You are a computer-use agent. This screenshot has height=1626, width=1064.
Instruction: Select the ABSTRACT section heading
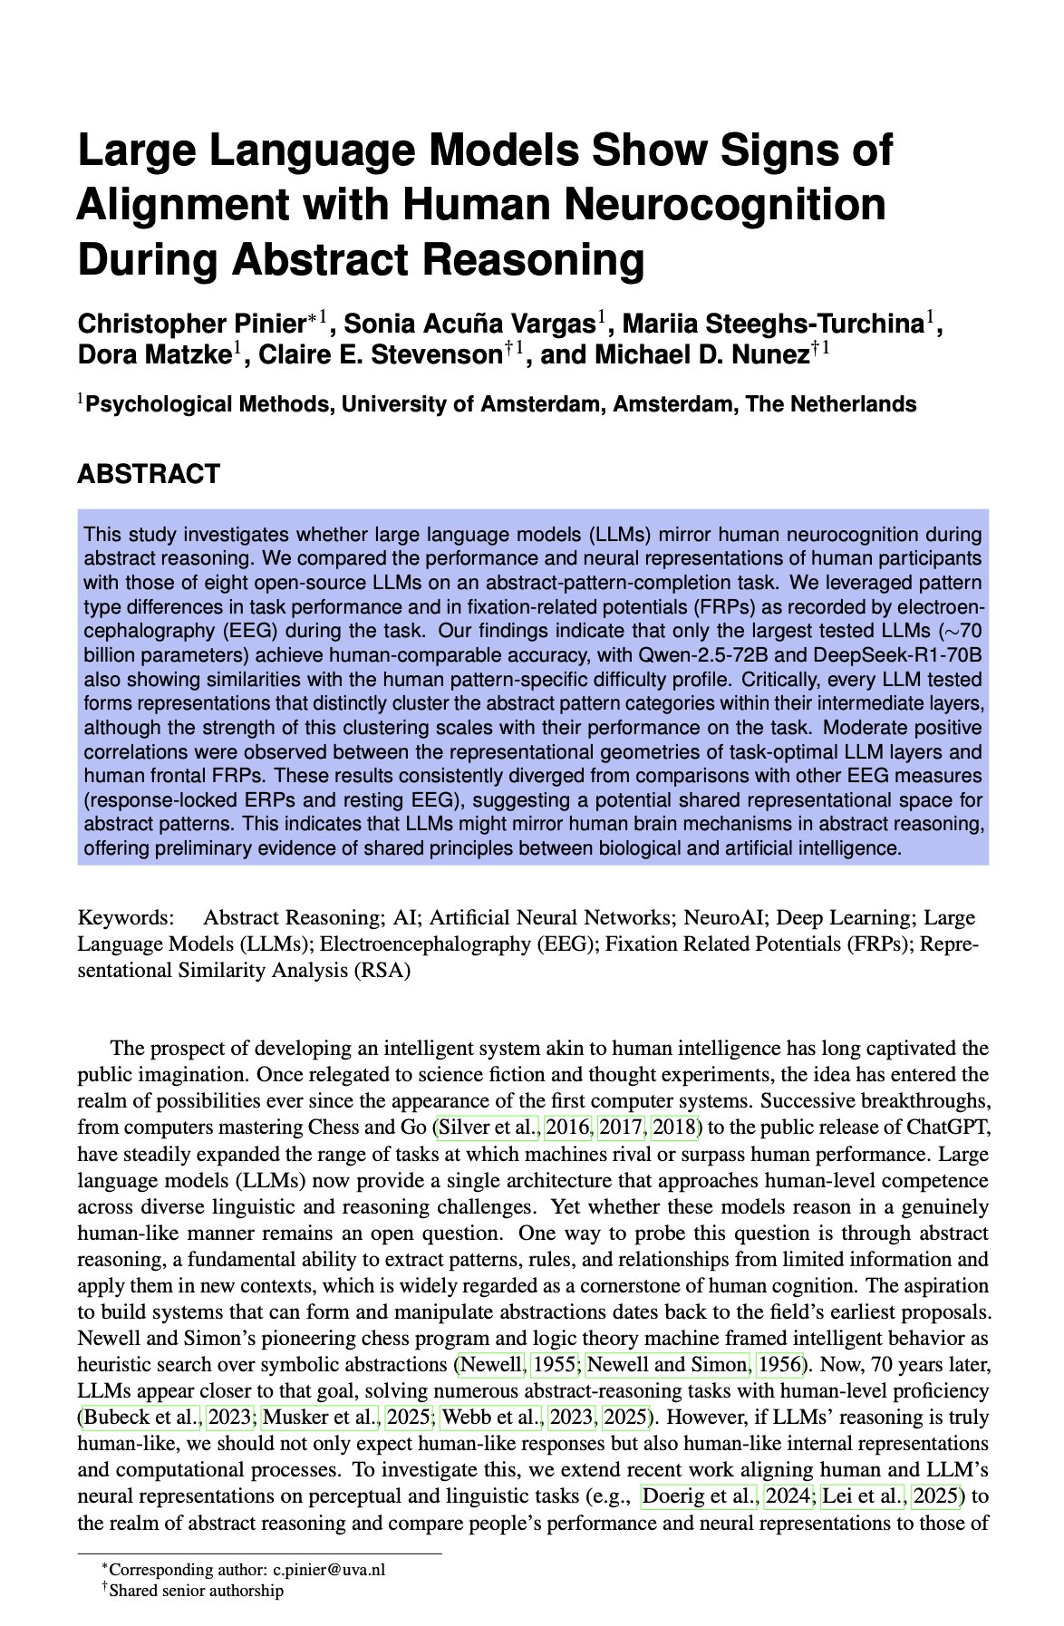coord(148,474)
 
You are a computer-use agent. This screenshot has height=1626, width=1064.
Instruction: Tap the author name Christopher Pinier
coord(192,324)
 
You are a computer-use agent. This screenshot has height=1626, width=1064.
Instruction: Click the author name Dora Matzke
coord(151,354)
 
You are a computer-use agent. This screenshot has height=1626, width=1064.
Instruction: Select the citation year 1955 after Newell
coord(553,1364)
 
